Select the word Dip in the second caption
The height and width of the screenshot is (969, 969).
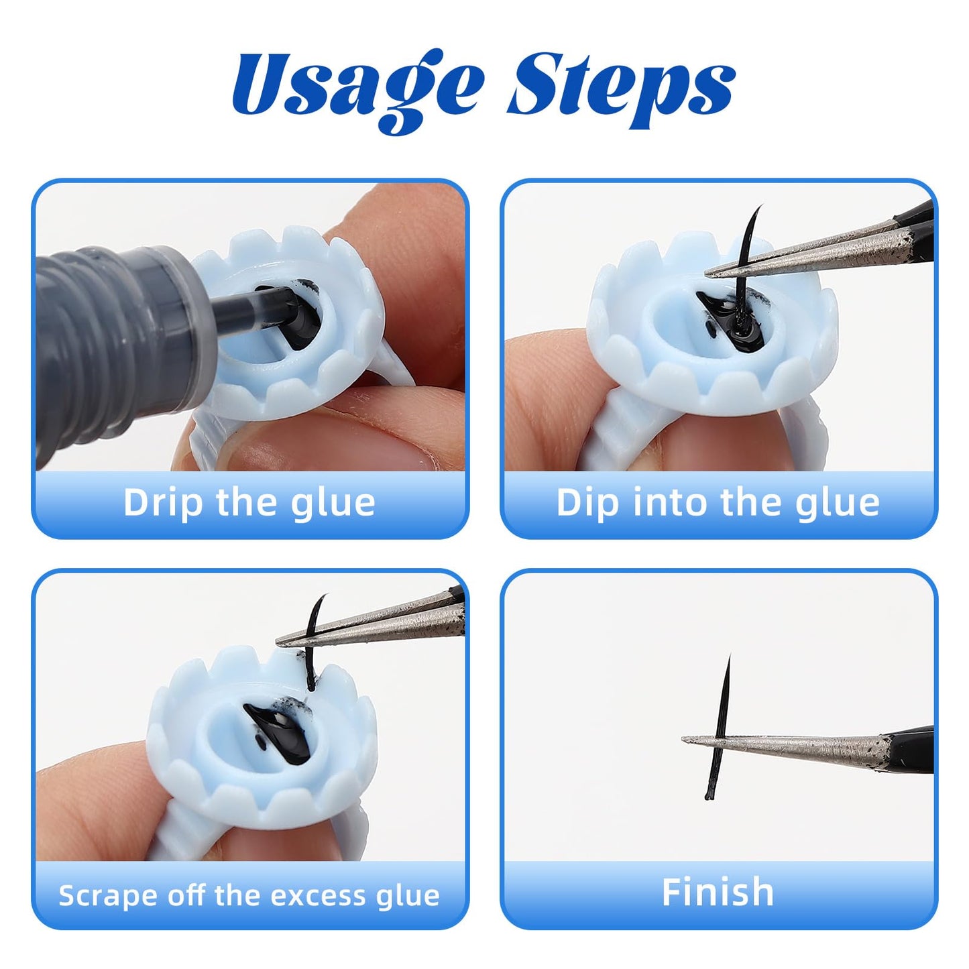tap(587, 503)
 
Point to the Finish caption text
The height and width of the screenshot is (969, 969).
tap(718, 892)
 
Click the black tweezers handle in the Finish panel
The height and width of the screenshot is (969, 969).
tap(912, 750)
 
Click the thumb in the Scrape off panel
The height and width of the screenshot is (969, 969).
tap(87, 805)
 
